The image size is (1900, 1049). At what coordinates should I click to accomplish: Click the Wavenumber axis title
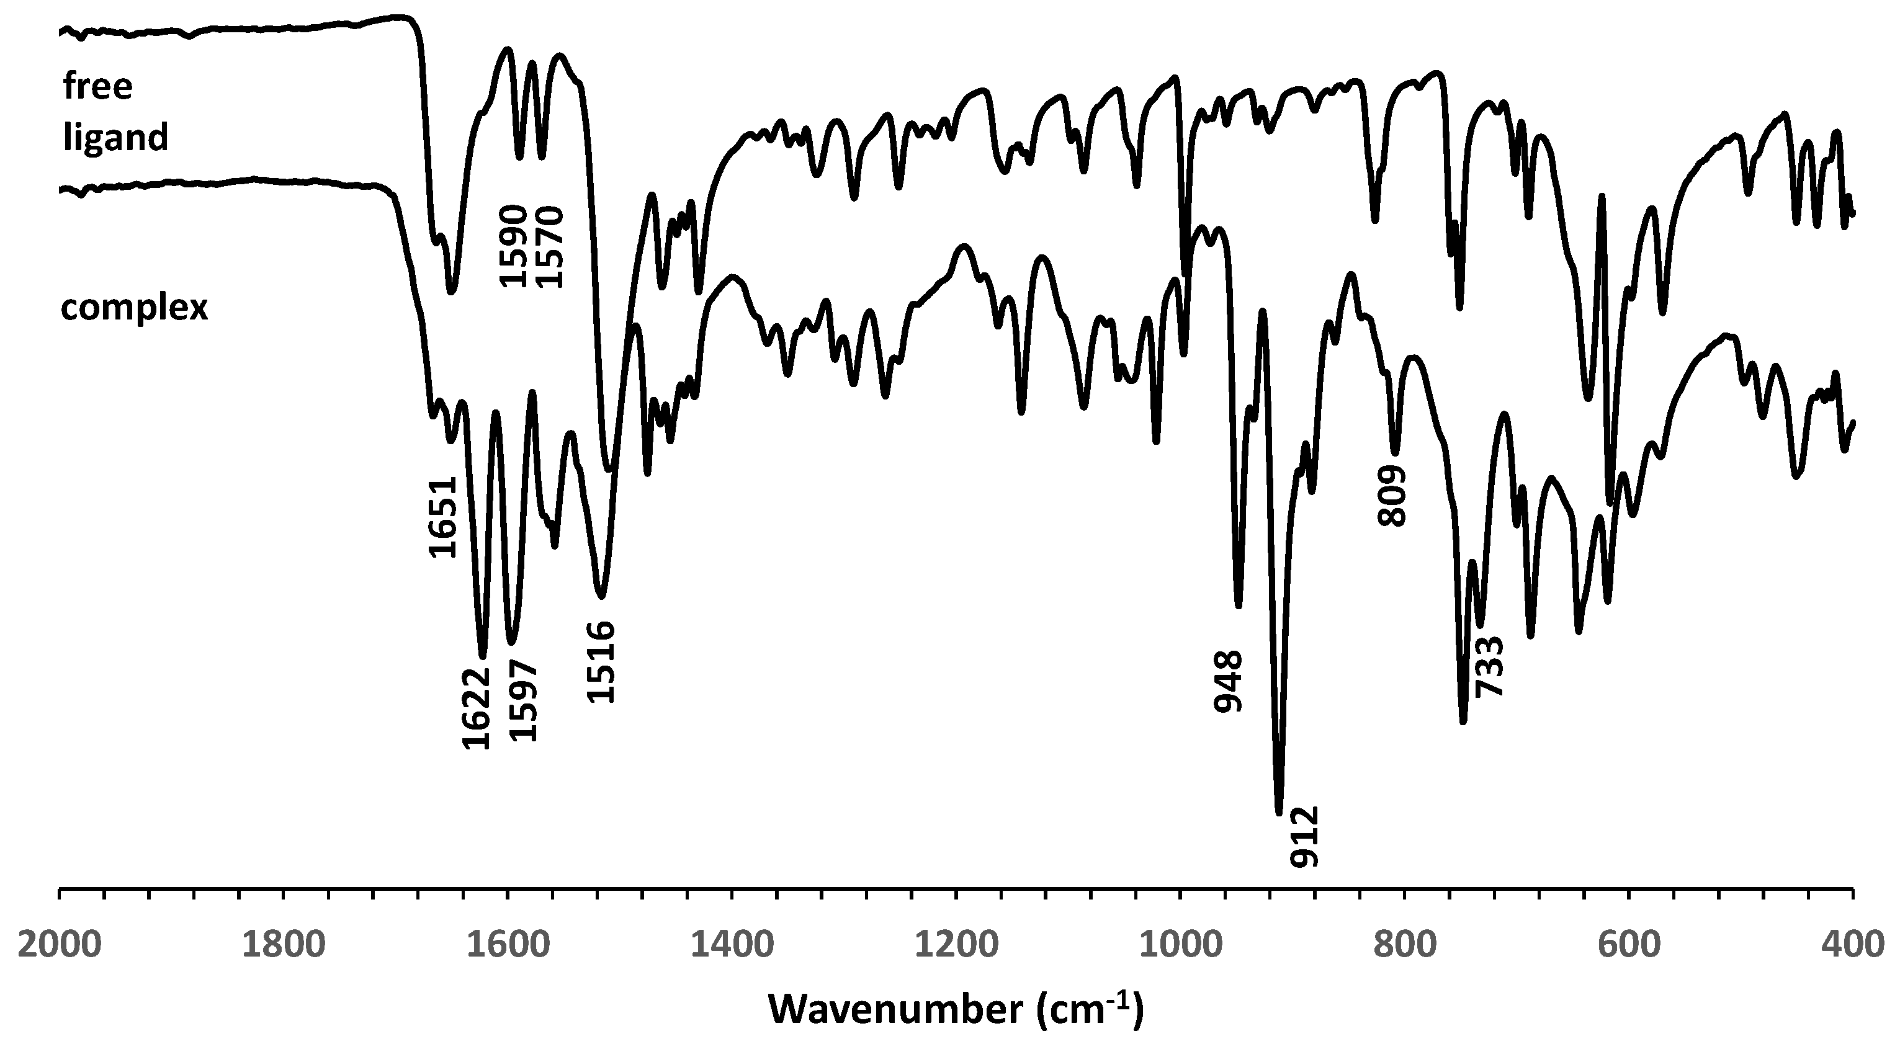(x=956, y=1009)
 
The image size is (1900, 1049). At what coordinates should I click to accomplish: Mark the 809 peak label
(x=1392, y=496)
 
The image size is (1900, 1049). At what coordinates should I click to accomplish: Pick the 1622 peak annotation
(x=476, y=708)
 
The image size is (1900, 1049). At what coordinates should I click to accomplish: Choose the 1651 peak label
(x=442, y=517)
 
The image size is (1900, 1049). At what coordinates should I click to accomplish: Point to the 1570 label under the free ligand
(x=550, y=246)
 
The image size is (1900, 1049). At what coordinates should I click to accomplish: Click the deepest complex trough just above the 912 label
(x=1279, y=811)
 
